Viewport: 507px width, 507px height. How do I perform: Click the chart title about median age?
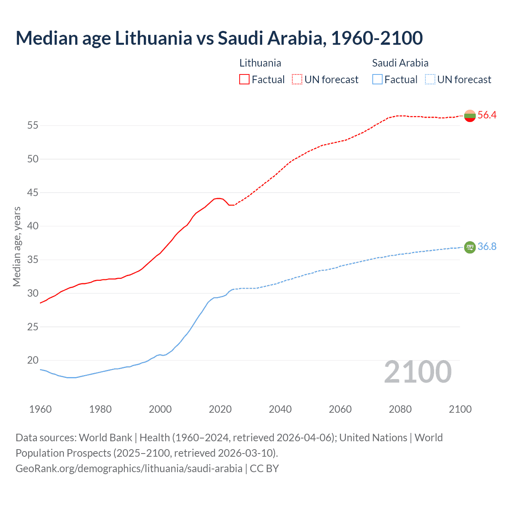tap(219, 38)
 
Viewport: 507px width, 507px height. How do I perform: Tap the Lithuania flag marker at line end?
tap(470, 116)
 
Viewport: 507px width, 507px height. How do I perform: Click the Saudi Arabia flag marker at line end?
tap(470, 247)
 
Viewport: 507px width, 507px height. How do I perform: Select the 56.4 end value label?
tap(487, 115)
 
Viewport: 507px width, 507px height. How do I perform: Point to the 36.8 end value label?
tap(487, 246)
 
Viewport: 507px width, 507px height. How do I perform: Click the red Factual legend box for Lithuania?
tap(244, 80)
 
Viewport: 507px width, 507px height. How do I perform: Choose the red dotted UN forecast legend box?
tap(297, 80)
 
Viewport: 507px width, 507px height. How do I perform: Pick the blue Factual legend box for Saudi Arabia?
tap(377, 80)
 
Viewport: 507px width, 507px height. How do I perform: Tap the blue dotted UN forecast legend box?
tap(430, 80)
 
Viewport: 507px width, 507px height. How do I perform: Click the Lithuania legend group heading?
tap(260, 63)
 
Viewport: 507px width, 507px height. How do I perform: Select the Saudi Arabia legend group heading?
tap(400, 63)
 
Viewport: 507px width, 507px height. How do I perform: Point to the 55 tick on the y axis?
tap(32, 126)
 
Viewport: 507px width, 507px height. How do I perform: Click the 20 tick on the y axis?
tap(32, 360)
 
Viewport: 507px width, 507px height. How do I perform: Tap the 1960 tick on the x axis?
tap(40, 409)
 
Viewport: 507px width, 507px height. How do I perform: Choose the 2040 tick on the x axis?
tap(280, 409)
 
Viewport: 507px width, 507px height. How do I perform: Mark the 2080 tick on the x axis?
tap(400, 409)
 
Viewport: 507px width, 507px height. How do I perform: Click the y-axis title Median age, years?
tap(17, 246)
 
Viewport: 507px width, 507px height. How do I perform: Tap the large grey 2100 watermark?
tap(417, 372)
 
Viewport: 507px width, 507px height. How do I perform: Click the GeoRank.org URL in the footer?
tap(129, 469)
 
